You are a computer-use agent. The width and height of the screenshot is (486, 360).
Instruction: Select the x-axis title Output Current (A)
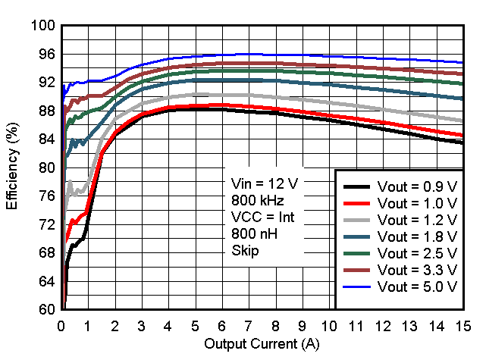(262, 345)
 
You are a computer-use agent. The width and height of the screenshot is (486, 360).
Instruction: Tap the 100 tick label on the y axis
(43, 26)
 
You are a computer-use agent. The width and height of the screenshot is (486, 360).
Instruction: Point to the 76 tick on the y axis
(47, 196)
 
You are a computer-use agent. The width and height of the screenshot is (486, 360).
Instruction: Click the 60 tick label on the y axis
(47, 310)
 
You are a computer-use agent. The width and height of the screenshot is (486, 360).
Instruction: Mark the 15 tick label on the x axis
(462, 326)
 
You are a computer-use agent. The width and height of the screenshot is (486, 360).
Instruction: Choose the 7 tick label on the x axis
(249, 326)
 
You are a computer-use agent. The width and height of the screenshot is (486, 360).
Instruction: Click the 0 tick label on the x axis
(62, 326)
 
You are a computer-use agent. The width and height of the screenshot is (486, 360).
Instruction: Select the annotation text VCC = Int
(262, 217)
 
